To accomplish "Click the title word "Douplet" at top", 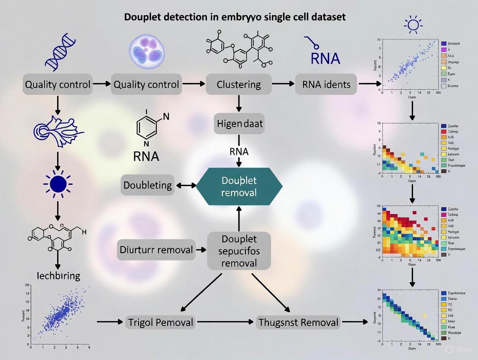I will coord(145,18).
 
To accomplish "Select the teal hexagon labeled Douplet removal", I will coord(239,186).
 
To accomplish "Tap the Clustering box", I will coord(239,84).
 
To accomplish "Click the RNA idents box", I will coord(326,84).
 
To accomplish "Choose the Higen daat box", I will coord(239,124).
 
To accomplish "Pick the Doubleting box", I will coord(148,185).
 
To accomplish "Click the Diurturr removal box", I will coord(156,250).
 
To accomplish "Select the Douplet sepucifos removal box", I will coord(239,251).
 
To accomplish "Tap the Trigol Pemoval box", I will coord(161,322).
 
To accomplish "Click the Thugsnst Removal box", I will coord(297,322).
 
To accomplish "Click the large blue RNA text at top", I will coord(325,58).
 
